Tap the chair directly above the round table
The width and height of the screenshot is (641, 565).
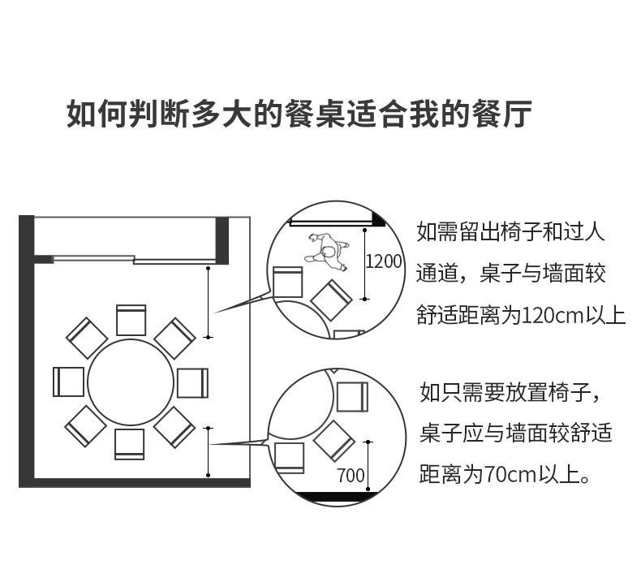(131, 319)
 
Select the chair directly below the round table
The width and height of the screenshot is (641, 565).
(130, 444)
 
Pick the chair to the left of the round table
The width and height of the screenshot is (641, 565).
(69, 382)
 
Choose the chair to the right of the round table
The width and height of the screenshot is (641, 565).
(193, 382)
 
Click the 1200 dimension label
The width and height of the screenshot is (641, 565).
(384, 261)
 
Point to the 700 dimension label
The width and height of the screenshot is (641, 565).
(351, 476)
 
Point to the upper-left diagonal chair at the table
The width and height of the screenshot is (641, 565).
(86, 338)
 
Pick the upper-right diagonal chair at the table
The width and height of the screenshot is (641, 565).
(174, 338)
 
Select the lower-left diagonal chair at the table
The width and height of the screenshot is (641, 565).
(86, 425)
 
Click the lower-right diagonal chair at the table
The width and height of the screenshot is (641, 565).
(174, 425)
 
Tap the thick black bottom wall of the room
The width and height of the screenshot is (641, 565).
(138, 483)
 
